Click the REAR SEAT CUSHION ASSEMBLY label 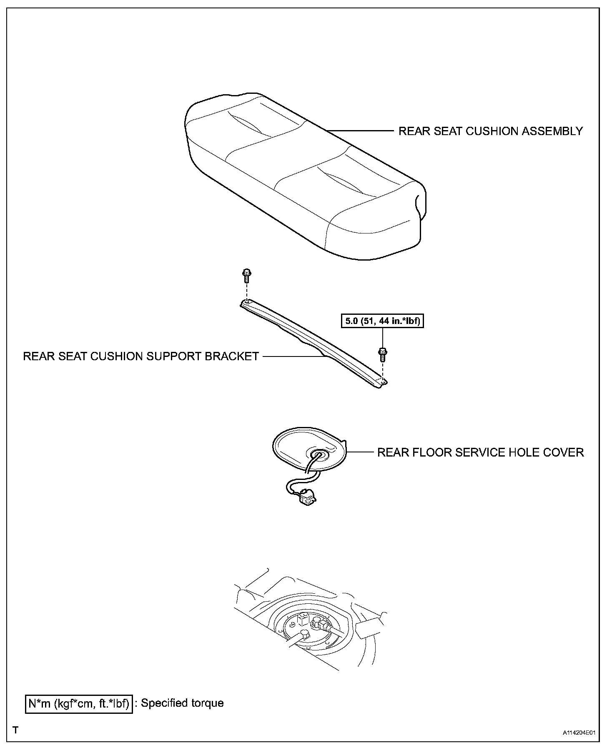click(x=490, y=131)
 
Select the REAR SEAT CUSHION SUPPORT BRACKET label click(x=141, y=356)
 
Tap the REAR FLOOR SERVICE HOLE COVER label click(x=480, y=452)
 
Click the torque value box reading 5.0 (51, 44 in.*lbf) click(x=382, y=321)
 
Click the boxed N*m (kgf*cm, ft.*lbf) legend click(x=79, y=703)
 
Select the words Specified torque click(x=182, y=703)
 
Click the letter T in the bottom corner click(x=15, y=730)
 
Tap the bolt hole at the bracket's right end click(x=382, y=381)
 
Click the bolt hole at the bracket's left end click(x=246, y=301)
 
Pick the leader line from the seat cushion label click(x=361, y=131)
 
